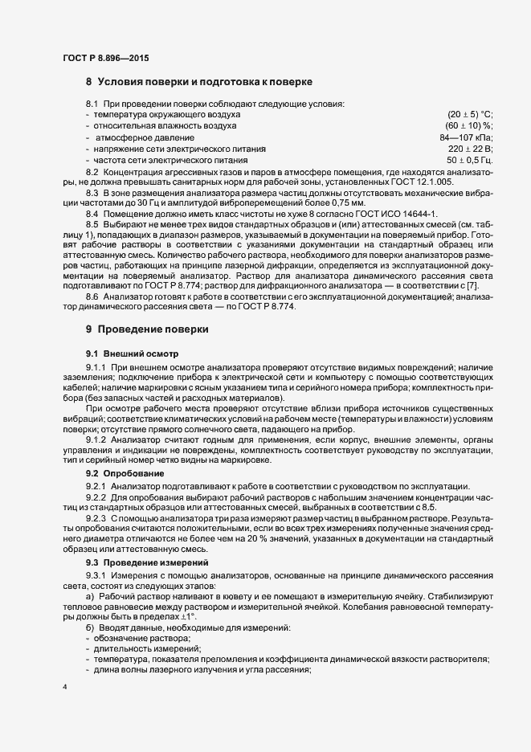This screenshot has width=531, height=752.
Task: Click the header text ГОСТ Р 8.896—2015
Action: click(x=105, y=58)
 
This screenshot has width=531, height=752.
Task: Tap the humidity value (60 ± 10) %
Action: click(x=469, y=126)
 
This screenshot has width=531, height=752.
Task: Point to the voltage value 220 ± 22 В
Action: click(x=470, y=149)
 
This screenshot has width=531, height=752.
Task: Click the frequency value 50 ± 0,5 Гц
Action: click(x=469, y=161)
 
